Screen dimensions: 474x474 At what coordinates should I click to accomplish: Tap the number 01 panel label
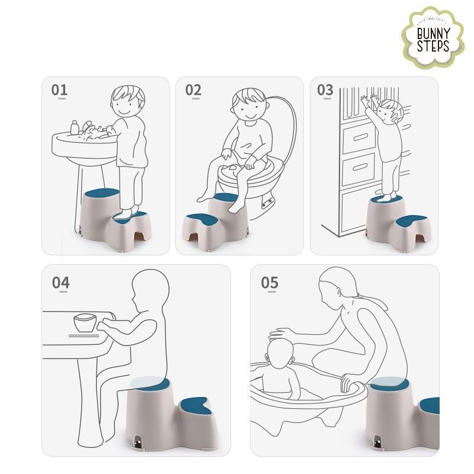pyautogui.click(x=59, y=90)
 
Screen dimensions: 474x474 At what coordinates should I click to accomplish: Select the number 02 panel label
pyautogui.click(x=193, y=90)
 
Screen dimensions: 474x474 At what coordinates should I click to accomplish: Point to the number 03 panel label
pyautogui.click(x=325, y=90)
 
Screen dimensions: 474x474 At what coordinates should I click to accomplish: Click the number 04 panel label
pyautogui.click(x=61, y=283)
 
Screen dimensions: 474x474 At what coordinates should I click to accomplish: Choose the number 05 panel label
pyautogui.click(x=270, y=283)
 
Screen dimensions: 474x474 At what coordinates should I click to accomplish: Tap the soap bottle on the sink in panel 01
pyautogui.click(x=75, y=127)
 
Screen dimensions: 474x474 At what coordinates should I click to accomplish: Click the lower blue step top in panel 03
pyautogui.click(x=411, y=221)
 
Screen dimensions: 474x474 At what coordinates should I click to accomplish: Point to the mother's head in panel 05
pyautogui.click(x=338, y=287)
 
